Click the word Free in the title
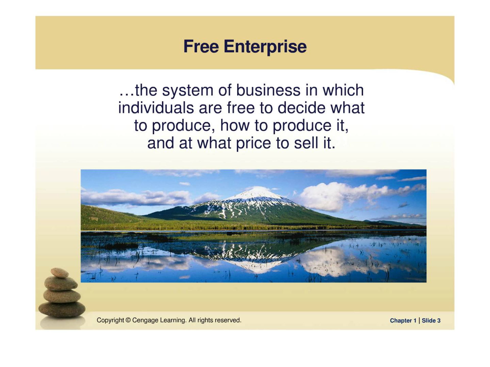[201, 46]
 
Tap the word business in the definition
[268, 90]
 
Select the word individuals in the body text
[156, 108]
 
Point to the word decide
[301, 108]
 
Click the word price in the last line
[253, 143]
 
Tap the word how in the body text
[235, 126]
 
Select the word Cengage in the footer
[145, 321]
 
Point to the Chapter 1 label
[403, 321]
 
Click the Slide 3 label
[431, 321]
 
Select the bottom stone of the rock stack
[62, 309]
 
